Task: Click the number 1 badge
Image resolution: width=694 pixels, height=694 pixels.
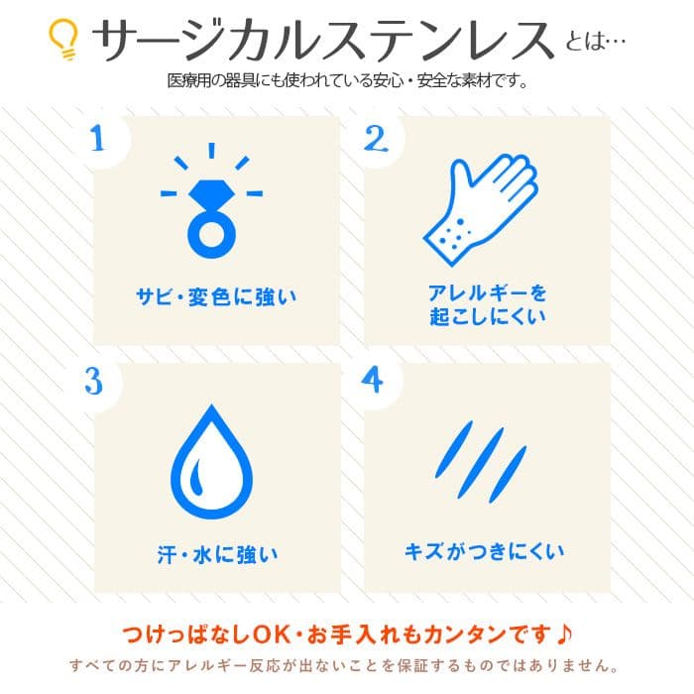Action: click(x=96, y=138)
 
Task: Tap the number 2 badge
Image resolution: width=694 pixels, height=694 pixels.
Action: click(x=374, y=138)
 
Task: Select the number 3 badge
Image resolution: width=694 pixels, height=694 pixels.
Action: click(x=94, y=382)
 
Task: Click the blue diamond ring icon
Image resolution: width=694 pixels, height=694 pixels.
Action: click(x=211, y=204)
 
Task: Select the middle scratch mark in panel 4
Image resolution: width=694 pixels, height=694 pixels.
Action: click(x=481, y=457)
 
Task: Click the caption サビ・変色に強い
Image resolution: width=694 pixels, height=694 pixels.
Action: click(x=216, y=295)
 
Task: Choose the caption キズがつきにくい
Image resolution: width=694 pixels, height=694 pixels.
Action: click(x=485, y=550)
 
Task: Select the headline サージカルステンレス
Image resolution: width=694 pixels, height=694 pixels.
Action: click(x=322, y=39)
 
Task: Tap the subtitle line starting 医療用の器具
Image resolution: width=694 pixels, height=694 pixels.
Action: click(x=346, y=80)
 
